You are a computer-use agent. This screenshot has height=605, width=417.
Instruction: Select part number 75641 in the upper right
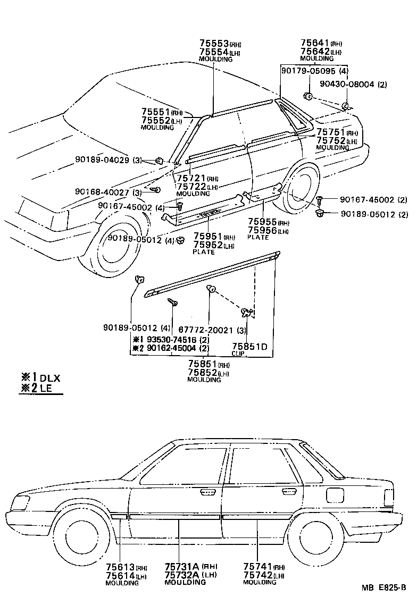314,43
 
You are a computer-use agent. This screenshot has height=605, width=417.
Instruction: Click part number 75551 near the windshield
155,112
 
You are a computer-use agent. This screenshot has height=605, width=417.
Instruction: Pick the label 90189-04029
103,161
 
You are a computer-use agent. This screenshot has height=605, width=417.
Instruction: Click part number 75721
190,179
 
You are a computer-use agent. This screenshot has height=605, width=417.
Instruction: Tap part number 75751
330,132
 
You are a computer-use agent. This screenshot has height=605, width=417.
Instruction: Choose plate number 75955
261,223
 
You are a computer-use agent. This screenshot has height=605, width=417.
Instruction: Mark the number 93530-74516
165,339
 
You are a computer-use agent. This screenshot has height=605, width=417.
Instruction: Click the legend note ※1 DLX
40,378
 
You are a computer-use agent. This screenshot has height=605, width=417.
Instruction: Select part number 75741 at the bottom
257,567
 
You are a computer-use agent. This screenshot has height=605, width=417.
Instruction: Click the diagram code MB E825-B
384,588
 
